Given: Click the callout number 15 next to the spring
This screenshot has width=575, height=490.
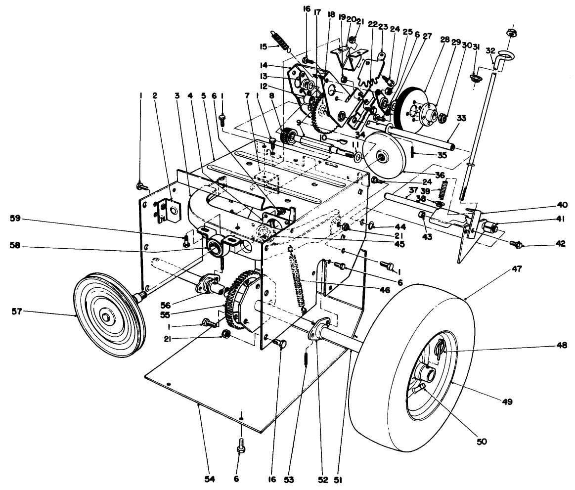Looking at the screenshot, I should pos(263,46).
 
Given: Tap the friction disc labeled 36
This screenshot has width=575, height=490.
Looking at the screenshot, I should pos(381,156).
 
